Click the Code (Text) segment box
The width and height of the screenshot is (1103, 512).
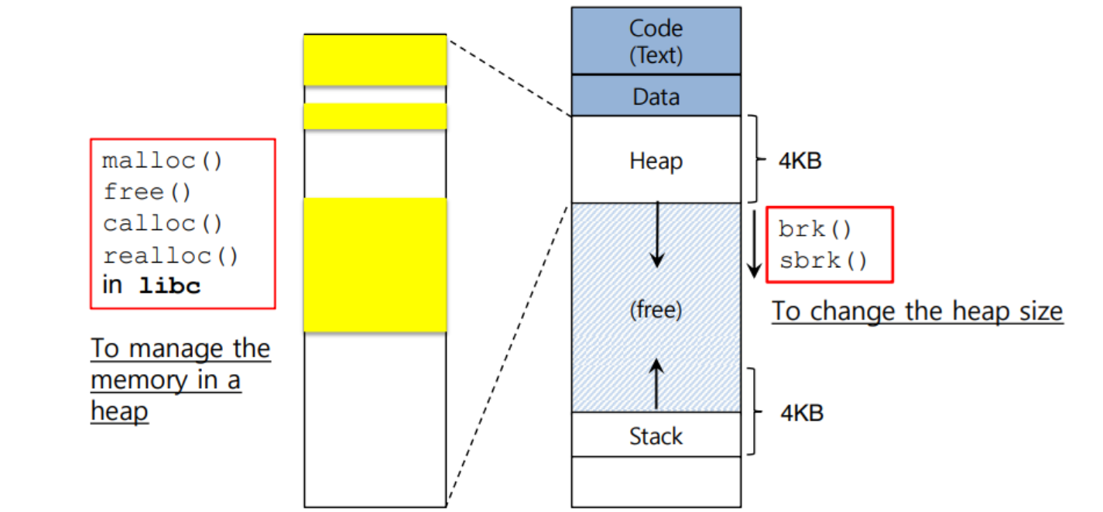click(656, 41)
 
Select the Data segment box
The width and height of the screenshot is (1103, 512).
click(656, 97)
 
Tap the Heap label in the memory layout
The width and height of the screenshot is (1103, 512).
click(656, 161)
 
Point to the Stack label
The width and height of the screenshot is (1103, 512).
click(656, 436)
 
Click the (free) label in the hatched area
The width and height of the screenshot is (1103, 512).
click(656, 311)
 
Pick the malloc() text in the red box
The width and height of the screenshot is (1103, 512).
click(163, 161)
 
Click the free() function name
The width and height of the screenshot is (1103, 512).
click(146, 192)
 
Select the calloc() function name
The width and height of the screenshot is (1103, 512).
click(163, 223)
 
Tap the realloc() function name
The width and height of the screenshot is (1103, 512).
click(171, 255)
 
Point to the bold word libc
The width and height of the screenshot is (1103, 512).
click(170, 286)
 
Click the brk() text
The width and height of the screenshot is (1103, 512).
click(815, 229)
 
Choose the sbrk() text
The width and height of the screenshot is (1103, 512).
click(824, 260)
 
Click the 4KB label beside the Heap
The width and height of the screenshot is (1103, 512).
click(800, 162)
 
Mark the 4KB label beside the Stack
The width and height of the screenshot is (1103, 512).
click(800, 413)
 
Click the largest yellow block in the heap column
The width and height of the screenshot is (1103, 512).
click(375, 265)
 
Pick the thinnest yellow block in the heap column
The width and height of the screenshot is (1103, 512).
click(375, 116)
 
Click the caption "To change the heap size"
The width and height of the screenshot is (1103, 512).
click(917, 311)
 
